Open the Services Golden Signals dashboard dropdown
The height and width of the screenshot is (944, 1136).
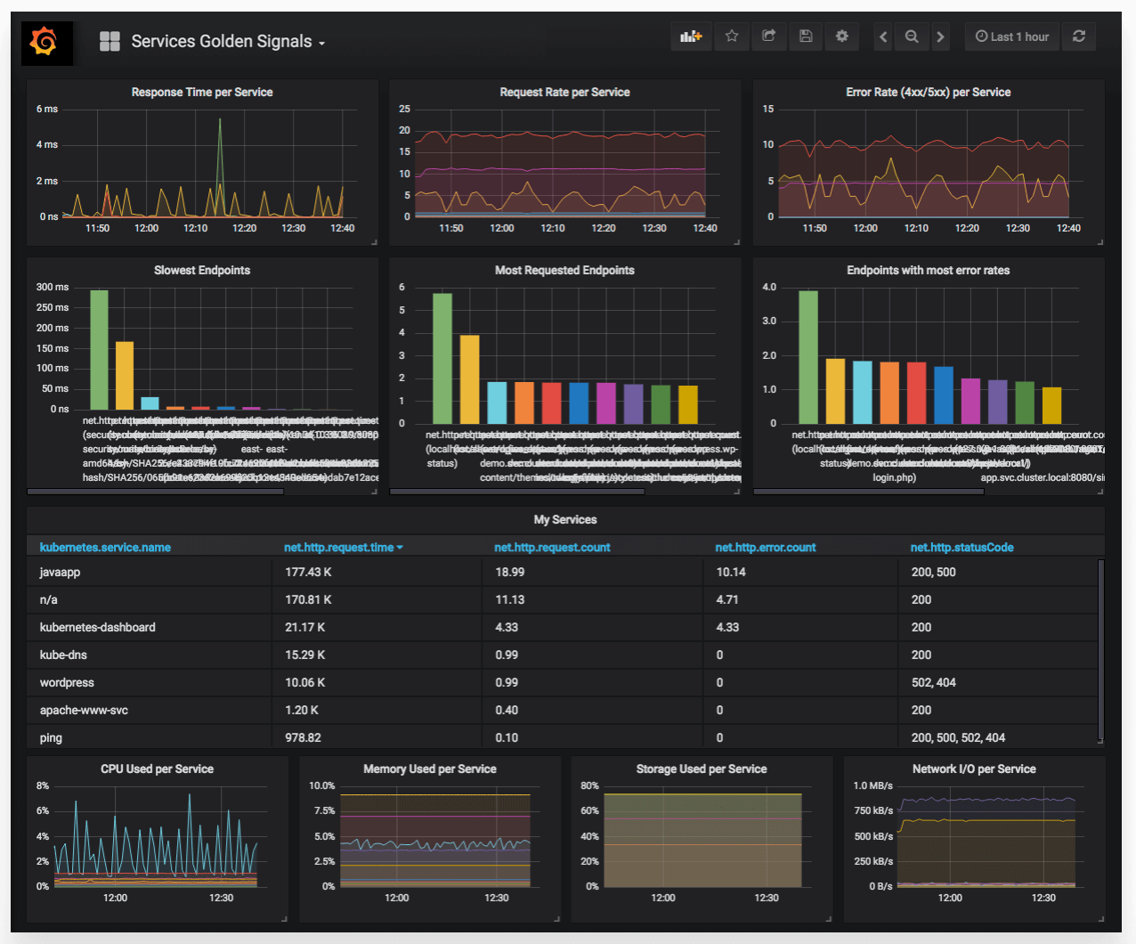[x=227, y=42]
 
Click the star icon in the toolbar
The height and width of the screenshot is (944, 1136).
[x=732, y=37]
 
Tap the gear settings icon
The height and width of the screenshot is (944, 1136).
[x=841, y=37]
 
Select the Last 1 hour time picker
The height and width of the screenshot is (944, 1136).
[x=1012, y=37]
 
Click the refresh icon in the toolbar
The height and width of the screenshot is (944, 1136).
[x=1079, y=37]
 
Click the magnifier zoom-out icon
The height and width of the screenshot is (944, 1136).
[x=912, y=37]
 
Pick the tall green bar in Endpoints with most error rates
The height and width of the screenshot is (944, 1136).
[x=807, y=356]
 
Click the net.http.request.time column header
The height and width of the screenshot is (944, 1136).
[x=339, y=548]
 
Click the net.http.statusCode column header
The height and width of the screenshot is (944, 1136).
[x=962, y=548]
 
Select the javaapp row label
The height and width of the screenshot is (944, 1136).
[x=60, y=573]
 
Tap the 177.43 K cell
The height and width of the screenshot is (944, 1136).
[x=308, y=573]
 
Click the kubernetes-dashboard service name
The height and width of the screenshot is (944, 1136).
[x=97, y=628]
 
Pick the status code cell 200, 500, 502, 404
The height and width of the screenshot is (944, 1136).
[x=958, y=738]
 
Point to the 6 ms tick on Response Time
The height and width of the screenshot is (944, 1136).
[x=47, y=110]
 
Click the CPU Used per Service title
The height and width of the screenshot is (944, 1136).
[x=157, y=769]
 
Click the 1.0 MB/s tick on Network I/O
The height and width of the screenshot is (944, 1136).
[x=872, y=786]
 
